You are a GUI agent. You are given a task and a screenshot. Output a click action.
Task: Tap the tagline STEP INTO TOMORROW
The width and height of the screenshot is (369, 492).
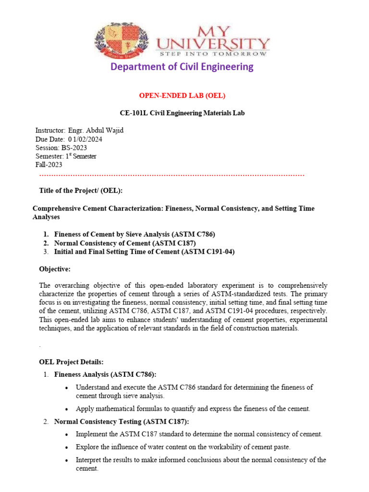[x=213, y=54]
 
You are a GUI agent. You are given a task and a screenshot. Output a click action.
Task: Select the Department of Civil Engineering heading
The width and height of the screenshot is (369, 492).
[x=182, y=67]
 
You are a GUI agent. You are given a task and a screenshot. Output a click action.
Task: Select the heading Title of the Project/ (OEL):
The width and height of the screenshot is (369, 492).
[x=81, y=191]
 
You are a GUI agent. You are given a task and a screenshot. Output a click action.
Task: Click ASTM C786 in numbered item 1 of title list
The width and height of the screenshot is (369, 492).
[x=192, y=234]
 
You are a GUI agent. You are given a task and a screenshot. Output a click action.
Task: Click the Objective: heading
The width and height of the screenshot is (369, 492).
[x=54, y=269]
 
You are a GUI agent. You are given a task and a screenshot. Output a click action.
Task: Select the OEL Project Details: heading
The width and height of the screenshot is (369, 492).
[x=71, y=361]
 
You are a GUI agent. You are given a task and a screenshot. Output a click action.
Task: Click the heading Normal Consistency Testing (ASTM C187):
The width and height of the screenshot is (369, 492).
[x=122, y=421]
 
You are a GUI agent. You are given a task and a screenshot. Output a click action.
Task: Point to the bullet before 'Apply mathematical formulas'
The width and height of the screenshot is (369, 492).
[x=66, y=409]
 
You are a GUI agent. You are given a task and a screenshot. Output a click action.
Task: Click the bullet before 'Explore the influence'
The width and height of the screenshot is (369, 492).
[x=66, y=447]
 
